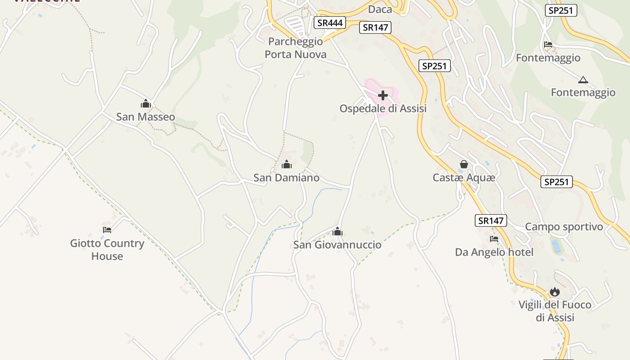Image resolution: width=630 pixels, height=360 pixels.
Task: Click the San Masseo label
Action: [145, 117]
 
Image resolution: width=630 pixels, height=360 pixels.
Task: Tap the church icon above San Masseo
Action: [145, 104]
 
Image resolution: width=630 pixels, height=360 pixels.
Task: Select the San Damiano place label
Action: [286, 178]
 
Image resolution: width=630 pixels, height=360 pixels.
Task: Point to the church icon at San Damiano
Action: [286, 164]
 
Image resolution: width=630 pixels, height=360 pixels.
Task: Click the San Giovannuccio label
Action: [337, 245]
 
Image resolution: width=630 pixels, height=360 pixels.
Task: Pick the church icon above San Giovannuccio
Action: [337, 232]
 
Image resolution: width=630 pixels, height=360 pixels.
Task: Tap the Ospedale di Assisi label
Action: [382, 108]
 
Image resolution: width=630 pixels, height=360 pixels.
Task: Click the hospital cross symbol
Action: [383, 95]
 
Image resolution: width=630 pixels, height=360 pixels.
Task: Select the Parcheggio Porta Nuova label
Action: [295, 48]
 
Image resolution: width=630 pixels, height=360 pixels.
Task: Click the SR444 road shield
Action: [330, 22]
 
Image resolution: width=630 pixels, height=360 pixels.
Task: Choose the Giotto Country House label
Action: [107, 250]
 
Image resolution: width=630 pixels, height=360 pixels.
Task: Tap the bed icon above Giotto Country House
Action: [107, 229]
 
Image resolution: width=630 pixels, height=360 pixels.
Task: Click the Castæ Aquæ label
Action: [464, 178]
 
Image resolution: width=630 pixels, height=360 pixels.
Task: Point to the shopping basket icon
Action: [464, 165]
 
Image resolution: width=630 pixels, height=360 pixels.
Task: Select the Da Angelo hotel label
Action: [494, 252]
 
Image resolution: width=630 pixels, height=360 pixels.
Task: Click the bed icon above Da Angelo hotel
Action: [494, 239]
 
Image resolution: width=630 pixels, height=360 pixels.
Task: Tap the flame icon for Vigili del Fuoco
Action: [555, 292]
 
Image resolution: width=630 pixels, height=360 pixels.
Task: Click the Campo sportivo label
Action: [564, 227]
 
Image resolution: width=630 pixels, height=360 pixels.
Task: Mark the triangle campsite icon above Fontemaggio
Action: [583, 80]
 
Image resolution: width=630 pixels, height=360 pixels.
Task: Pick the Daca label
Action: [380, 9]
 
